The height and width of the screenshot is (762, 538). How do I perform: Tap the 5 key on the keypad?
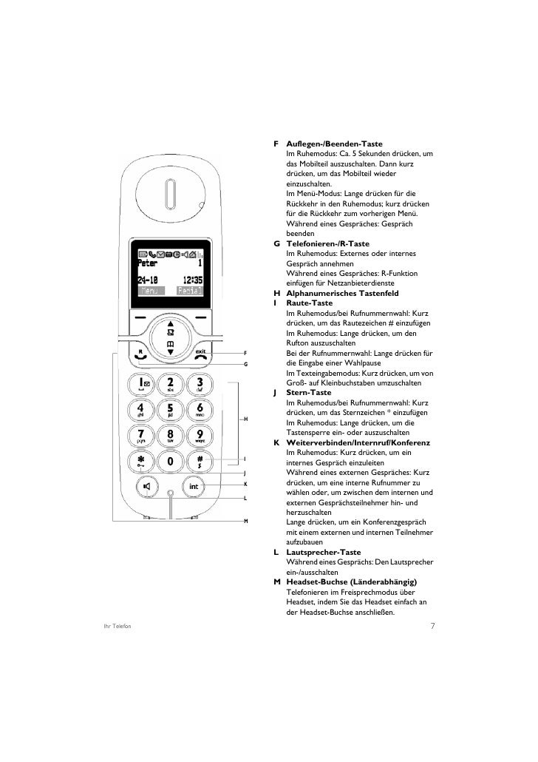point(170,409)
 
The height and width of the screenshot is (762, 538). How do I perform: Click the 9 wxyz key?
point(199,435)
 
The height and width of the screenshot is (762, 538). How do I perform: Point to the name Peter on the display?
point(149,267)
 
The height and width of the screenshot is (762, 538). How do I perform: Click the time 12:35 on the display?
point(190,280)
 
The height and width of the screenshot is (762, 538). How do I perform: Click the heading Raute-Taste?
point(308,303)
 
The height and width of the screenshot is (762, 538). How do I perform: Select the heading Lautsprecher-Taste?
point(323,552)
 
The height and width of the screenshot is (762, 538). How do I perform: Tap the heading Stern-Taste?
point(308,392)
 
